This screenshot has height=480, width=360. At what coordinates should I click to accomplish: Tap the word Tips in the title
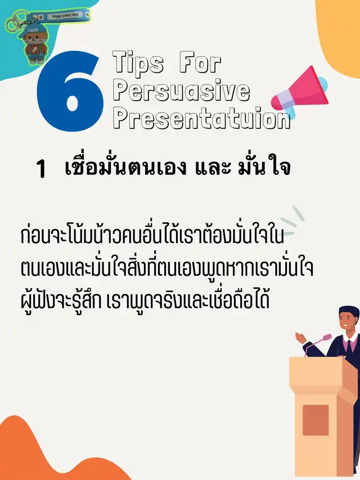pos(138,63)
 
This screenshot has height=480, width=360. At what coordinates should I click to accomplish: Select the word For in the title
pos(199,63)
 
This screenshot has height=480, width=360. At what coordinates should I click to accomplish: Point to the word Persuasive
pos(181,91)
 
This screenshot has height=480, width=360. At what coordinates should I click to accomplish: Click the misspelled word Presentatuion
pos(201,118)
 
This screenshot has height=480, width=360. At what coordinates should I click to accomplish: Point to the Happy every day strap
pos(66,16)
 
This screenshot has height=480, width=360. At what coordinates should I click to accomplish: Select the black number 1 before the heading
pos(40,169)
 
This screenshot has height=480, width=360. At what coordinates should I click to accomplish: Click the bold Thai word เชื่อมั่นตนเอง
pos(125,167)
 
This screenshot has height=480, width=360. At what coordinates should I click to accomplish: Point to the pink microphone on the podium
pos(318,339)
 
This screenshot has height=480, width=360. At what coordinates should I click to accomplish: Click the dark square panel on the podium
pos(316,420)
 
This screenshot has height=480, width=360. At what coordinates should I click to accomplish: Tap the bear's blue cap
pos(31,30)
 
